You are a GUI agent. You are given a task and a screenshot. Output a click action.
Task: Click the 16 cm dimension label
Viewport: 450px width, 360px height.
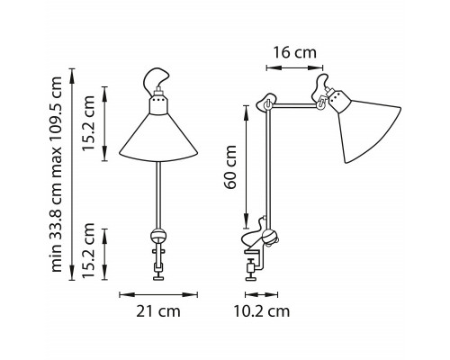[x=294, y=53]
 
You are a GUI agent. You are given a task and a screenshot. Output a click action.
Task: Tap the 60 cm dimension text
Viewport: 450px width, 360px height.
[x=231, y=166]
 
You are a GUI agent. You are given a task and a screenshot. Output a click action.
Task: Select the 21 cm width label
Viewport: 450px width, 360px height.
[x=158, y=311]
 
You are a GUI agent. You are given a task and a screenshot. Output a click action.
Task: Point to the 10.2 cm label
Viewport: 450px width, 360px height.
[x=262, y=311]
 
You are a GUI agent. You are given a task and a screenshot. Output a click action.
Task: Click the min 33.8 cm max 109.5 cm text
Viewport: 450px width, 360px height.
[x=56, y=175]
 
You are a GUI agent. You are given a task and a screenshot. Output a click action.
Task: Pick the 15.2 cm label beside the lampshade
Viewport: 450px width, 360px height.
[x=89, y=123]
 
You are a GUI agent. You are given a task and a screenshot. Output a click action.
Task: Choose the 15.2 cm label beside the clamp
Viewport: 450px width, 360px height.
[x=89, y=251]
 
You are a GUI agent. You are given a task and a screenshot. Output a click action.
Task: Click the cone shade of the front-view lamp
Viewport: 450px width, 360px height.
[x=158, y=138]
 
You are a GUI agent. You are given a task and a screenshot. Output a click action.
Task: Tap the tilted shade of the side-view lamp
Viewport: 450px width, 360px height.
[x=370, y=129]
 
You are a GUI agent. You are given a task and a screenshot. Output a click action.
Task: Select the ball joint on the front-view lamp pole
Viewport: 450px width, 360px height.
[x=158, y=236]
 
